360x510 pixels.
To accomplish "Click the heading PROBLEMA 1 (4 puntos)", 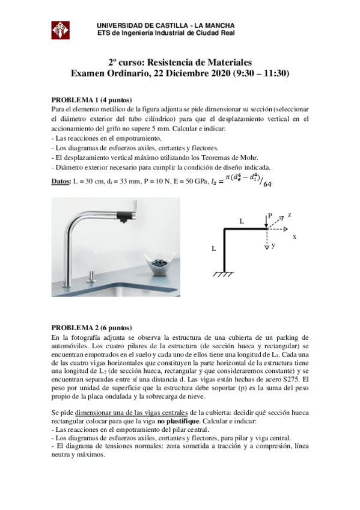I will (x=92, y=99).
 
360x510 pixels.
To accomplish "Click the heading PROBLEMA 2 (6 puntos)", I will (x=92, y=328).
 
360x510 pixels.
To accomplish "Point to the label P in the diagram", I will (x=270, y=215).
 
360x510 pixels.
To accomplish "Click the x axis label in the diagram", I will (x=294, y=237).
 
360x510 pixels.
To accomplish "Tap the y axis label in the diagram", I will (x=273, y=245).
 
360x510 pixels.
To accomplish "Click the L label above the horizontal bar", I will (x=242, y=221).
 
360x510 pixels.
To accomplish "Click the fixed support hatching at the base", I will (x=224, y=275).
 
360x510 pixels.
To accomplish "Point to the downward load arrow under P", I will (x=266, y=221).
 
